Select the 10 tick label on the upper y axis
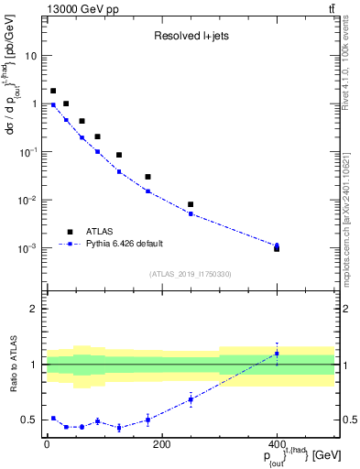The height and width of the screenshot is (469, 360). tap(31, 56)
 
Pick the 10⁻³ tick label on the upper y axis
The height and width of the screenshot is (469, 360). tap(28, 248)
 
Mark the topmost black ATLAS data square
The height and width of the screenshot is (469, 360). tap(53, 91)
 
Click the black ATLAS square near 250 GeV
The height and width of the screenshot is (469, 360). tap(191, 204)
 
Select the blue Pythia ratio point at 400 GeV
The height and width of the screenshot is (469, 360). tap(277, 354)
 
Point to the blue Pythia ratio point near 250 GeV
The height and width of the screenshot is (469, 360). tap(191, 399)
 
